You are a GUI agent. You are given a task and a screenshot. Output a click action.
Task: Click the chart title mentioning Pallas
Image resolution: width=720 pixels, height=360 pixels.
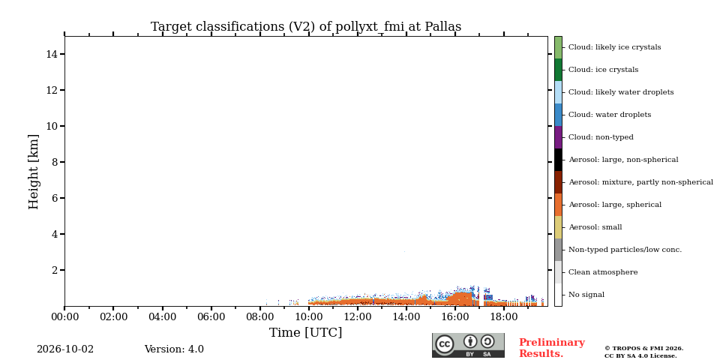[x=306, y=27]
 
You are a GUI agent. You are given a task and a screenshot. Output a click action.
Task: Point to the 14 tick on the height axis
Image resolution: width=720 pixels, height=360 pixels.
[x=52, y=54]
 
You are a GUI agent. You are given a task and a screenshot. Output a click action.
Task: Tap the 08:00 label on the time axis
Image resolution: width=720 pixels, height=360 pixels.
[x=260, y=316]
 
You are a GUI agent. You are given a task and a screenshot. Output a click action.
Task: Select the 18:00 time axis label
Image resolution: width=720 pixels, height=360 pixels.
[x=504, y=316]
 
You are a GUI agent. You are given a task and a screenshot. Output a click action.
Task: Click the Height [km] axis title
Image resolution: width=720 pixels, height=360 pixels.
[x=34, y=172]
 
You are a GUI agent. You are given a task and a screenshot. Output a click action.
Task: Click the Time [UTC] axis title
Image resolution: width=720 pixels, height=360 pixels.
[x=306, y=332]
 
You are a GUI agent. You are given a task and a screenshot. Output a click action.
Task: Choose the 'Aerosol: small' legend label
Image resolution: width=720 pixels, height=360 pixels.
[x=595, y=227]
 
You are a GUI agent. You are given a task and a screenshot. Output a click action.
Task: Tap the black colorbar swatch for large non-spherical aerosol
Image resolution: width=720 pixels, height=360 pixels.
[x=558, y=160]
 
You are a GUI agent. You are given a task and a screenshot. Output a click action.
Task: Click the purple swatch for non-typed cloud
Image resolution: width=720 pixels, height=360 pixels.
[x=558, y=137]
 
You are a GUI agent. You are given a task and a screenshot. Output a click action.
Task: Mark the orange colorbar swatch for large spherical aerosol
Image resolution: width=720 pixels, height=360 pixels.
[x=558, y=205]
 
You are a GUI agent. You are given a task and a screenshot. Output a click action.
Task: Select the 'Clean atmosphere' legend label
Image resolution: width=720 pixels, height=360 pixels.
[x=603, y=272]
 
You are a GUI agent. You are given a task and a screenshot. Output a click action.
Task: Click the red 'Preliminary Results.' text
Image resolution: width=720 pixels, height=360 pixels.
[x=552, y=348]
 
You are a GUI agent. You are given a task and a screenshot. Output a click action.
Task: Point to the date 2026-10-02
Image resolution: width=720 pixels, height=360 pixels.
[x=65, y=349]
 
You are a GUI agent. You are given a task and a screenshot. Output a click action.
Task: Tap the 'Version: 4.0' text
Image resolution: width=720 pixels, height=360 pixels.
[x=174, y=349]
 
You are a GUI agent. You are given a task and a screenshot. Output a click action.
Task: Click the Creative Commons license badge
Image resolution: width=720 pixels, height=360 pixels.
[x=468, y=345]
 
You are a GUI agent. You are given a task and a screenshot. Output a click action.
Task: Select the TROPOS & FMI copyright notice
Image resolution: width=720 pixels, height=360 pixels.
[x=643, y=352]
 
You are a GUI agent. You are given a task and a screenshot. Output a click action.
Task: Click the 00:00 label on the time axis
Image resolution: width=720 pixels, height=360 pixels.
[x=64, y=316]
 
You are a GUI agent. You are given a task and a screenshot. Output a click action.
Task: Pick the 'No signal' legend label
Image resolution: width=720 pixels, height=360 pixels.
[x=586, y=295]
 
